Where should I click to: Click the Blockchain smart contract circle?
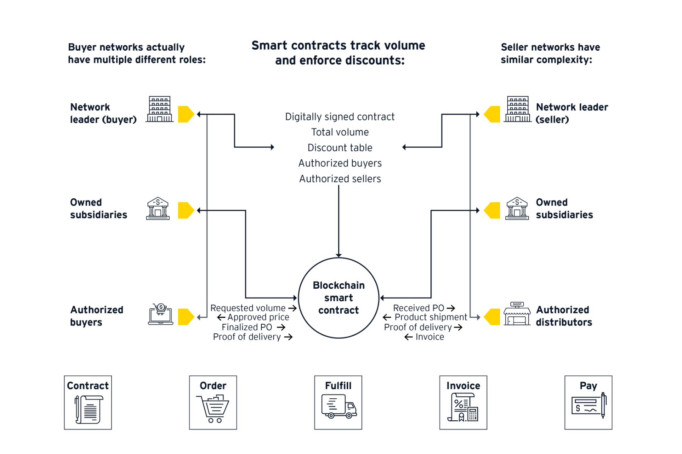(x=338, y=298)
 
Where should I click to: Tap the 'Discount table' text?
(x=340, y=148)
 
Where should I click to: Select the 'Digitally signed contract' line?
(x=340, y=117)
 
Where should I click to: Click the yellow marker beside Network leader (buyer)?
(x=186, y=114)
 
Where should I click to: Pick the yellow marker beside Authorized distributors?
(x=492, y=317)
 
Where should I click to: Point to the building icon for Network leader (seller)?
(x=518, y=109)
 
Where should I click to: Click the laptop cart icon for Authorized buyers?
(x=160, y=314)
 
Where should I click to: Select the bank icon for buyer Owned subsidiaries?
(x=158, y=208)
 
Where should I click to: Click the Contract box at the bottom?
(x=88, y=402)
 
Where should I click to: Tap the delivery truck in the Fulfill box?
(x=339, y=406)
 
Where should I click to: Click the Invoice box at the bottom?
(x=463, y=402)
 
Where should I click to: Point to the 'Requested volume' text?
(x=248, y=308)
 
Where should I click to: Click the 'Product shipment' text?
(x=431, y=317)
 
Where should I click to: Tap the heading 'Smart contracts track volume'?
(x=338, y=46)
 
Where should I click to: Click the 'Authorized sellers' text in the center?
(x=340, y=179)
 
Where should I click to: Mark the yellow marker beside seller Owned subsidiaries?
(x=492, y=210)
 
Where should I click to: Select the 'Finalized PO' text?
(x=247, y=327)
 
